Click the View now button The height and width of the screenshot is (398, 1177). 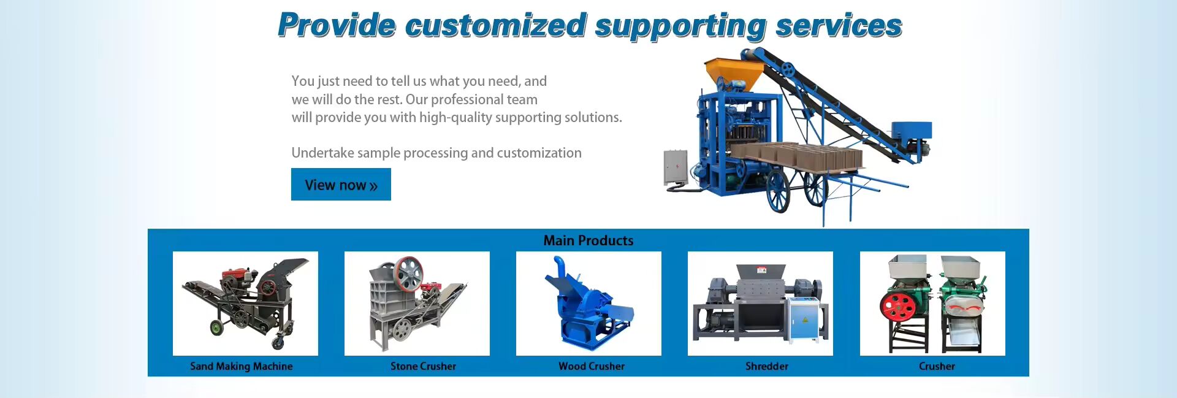[x=341, y=184]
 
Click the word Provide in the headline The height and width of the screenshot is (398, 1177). [x=337, y=25]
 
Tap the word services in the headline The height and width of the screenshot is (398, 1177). [x=839, y=26]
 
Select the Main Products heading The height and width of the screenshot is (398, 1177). [x=588, y=240]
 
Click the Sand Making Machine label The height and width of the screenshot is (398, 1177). [x=242, y=366]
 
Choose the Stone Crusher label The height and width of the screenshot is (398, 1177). [x=423, y=366]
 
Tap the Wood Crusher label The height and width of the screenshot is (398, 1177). [x=592, y=366]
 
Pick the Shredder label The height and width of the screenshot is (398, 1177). [x=767, y=366]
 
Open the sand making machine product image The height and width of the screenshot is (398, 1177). [x=245, y=304]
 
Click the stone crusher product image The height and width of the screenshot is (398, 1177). [x=417, y=304]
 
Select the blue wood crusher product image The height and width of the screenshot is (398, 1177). [x=588, y=304]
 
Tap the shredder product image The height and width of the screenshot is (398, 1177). [x=760, y=304]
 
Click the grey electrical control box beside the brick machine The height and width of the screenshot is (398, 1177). [x=676, y=167]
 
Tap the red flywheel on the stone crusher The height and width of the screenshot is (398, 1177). [x=408, y=274]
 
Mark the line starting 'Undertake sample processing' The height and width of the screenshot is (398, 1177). [x=436, y=153]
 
